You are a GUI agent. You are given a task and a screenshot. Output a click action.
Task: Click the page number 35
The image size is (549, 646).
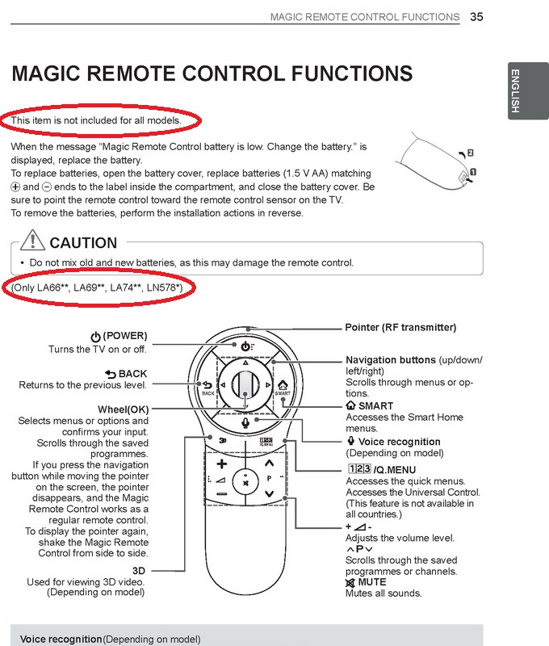pos(476,17)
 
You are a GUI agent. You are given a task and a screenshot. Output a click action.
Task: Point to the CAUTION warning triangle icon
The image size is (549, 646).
pos(32,240)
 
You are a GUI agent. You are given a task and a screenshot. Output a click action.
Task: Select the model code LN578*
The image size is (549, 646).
pos(163,287)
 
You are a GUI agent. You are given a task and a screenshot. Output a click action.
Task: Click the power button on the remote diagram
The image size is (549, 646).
pos(246,346)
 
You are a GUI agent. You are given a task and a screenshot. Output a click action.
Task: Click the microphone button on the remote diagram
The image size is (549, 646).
pos(245,422)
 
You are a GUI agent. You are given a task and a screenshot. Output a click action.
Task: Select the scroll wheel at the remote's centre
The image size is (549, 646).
pos(245,385)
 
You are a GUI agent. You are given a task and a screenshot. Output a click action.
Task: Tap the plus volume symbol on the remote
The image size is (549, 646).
pos(222,464)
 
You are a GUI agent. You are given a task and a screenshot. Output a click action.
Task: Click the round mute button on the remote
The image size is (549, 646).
pos(245,481)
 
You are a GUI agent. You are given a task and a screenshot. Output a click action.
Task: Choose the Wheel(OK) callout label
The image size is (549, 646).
pos(124,409)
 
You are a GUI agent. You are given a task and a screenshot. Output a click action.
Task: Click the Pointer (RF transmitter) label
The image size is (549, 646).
pos(400,328)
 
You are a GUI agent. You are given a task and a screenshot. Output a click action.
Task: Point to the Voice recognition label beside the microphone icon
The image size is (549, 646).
pos(399,442)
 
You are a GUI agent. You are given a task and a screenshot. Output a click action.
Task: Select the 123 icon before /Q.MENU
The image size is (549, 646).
pos(359,469)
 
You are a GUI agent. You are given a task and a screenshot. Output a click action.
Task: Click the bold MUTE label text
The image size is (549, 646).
pos(372,582)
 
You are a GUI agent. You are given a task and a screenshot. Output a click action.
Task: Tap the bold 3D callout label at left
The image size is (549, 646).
pos(139,571)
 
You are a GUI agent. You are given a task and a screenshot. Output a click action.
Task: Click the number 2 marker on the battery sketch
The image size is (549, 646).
pos(471,153)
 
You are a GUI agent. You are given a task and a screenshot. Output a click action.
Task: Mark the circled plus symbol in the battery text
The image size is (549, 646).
pos(15,187)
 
